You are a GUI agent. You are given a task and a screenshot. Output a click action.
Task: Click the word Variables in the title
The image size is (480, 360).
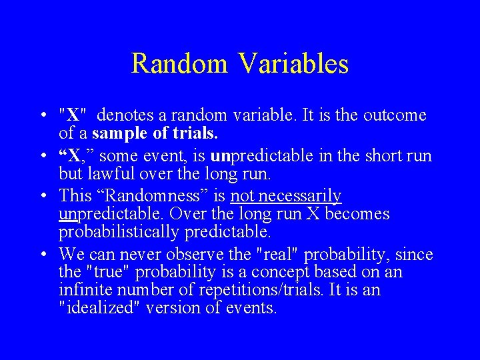click(x=294, y=64)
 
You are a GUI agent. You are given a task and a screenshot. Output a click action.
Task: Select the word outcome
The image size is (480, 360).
click(x=395, y=115)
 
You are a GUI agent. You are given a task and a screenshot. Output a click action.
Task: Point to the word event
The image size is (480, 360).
click(x=175, y=156)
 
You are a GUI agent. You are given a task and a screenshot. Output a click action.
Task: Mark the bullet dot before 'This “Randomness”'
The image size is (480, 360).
click(x=43, y=197)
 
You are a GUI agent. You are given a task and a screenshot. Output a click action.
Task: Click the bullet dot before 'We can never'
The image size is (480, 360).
click(x=43, y=255)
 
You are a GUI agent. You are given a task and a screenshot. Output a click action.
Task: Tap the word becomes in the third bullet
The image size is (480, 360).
click(x=357, y=214)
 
